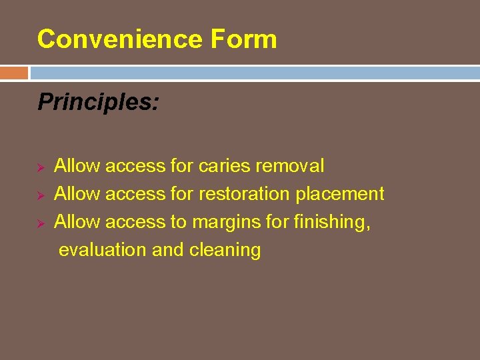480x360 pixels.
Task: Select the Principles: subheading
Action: click(x=98, y=102)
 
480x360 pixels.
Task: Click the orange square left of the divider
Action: click(x=14, y=73)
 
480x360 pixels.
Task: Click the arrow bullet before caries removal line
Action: click(x=41, y=166)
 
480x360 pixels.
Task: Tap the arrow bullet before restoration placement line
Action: click(x=41, y=195)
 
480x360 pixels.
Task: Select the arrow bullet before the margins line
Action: click(x=41, y=223)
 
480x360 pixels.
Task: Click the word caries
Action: click(x=223, y=165)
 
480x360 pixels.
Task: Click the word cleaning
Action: click(x=225, y=251)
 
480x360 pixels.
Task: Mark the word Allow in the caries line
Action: click(x=77, y=165)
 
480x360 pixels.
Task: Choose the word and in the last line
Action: click(x=168, y=250)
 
